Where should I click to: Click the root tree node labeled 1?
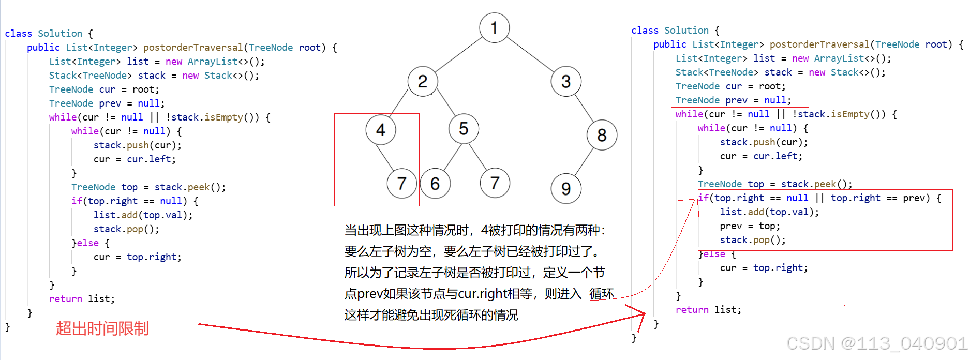pyautogui.click(x=494, y=27)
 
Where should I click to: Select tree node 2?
pyautogui.click(x=423, y=81)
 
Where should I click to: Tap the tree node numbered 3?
pyautogui.click(x=566, y=81)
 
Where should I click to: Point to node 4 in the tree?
pyautogui.click(x=381, y=130)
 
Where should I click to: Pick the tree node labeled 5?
pyautogui.click(x=464, y=128)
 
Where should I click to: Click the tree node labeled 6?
pyautogui.click(x=435, y=184)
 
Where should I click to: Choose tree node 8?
pyautogui.click(x=602, y=135)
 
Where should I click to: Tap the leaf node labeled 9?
pyautogui.click(x=566, y=189)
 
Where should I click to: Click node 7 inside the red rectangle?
pyautogui.click(x=401, y=183)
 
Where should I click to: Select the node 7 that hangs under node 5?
pyautogui.click(x=495, y=183)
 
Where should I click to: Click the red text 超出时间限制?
pyautogui.click(x=102, y=328)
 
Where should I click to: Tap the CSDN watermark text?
pyautogui.click(x=876, y=343)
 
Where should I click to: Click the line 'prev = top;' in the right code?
pyautogui.click(x=750, y=226)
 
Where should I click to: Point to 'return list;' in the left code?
pyautogui.click(x=82, y=299)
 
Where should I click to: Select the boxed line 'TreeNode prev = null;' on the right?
pyautogui.click(x=733, y=100)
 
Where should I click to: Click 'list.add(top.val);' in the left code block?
pyautogui.click(x=143, y=215)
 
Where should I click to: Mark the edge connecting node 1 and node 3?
pyautogui.click(x=530, y=54)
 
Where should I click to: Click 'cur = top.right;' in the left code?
pyautogui.click(x=137, y=257)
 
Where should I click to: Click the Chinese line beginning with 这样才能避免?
pyautogui.click(x=431, y=315)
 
